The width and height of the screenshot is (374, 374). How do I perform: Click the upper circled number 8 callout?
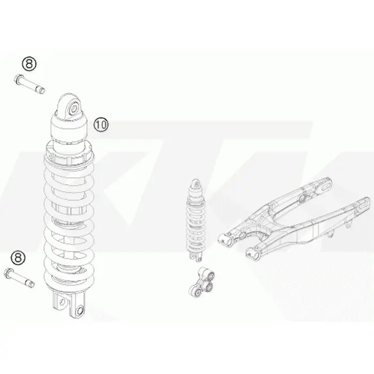click(29, 64)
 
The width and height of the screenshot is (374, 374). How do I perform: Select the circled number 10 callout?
click(101, 124)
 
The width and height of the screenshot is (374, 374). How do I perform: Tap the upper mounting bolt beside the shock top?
click(29, 84)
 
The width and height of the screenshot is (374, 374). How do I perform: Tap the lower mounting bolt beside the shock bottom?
click(19, 278)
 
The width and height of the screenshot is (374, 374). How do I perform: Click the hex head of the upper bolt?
click(19, 79)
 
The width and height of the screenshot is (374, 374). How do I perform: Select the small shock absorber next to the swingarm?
click(196, 220)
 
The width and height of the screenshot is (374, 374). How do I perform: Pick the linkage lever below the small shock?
click(202, 282)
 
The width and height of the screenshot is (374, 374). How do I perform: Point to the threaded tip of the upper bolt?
click(42, 90)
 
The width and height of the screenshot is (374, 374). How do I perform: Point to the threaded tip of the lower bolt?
click(31, 284)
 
